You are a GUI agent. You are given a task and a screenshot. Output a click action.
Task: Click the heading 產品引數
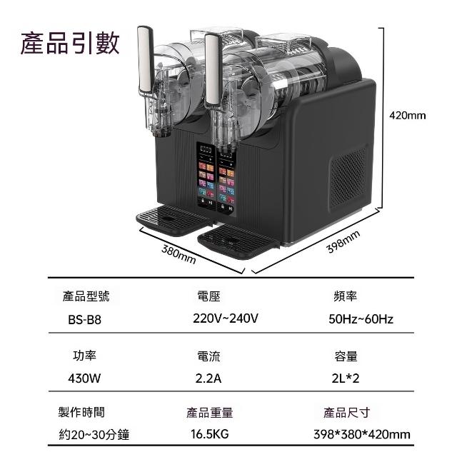71,43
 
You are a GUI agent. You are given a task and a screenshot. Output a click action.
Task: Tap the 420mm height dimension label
407,115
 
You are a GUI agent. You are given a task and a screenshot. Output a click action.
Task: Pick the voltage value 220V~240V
226,318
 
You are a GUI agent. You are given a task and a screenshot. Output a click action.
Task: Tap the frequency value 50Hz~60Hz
361,319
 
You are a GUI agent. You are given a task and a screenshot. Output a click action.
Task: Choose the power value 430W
84,378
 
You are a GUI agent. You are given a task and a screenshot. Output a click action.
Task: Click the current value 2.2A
208,378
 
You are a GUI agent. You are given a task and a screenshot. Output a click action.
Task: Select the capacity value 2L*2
345,378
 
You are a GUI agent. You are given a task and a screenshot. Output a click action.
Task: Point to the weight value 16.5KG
209,434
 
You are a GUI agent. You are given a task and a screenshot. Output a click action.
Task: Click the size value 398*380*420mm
361,434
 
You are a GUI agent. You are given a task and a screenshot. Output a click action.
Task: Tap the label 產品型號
86,295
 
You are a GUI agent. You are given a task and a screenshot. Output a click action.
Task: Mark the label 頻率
345,295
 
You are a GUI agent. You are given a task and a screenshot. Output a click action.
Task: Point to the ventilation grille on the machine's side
348,176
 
